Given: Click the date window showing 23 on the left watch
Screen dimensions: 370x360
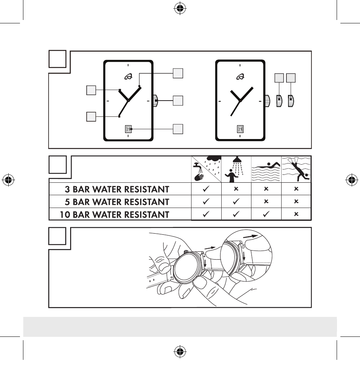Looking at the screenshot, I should tap(128, 129).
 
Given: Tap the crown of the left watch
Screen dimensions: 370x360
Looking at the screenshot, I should tap(155, 101).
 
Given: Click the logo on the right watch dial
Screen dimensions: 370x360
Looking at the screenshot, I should tap(240, 77).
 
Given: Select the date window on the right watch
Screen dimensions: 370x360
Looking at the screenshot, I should tap(241, 129).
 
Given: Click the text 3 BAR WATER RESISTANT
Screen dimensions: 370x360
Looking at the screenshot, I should tap(117, 189).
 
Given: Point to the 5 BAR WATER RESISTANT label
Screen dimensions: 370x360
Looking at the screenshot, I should tap(117, 202).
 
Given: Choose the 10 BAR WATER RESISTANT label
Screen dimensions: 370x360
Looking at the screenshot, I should tap(115, 214).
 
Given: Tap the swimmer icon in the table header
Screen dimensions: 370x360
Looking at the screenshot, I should tap(266, 170).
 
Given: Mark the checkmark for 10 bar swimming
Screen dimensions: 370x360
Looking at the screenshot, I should tap(266, 214).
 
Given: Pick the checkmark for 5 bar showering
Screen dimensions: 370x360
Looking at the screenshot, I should tap(236, 202).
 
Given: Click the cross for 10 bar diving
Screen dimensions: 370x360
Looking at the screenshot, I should tap(296, 214).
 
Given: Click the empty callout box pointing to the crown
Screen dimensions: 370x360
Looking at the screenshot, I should tap(178, 101).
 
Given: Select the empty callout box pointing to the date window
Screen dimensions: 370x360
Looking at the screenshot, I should tap(178, 129).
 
